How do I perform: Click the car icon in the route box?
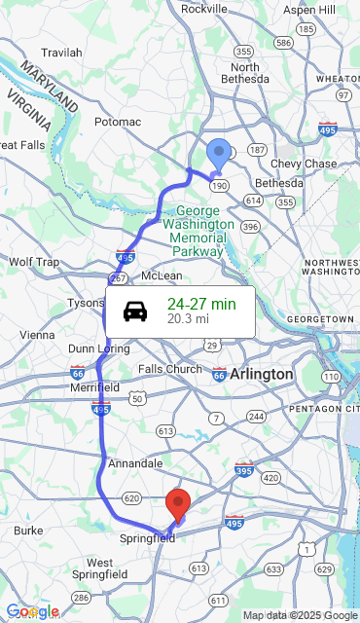pyautogui.click(x=135, y=311)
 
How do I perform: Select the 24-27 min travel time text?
pyautogui.click(x=201, y=304)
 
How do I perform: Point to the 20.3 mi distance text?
pyautogui.click(x=188, y=318)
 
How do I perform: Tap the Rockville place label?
pyautogui.click(x=204, y=9)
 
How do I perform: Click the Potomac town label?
pyautogui.click(x=118, y=122)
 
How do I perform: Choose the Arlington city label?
pyautogui.click(x=261, y=374)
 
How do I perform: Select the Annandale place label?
pyautogui.click(x=136, y=463)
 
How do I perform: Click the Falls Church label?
pyautogui.click(x=170, y=369)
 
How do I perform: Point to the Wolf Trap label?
pyautogui.click(x=34, y=262)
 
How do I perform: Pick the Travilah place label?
pyautogui.click(x=61, y=52)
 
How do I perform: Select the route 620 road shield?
pyautogui.click(x=132, y=497)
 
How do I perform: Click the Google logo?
pyautogui.click(x=32, y=611)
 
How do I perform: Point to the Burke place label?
pyautogui.click(x=29, y=531)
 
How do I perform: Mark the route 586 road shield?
pyautogui.click(x=283, y=43)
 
